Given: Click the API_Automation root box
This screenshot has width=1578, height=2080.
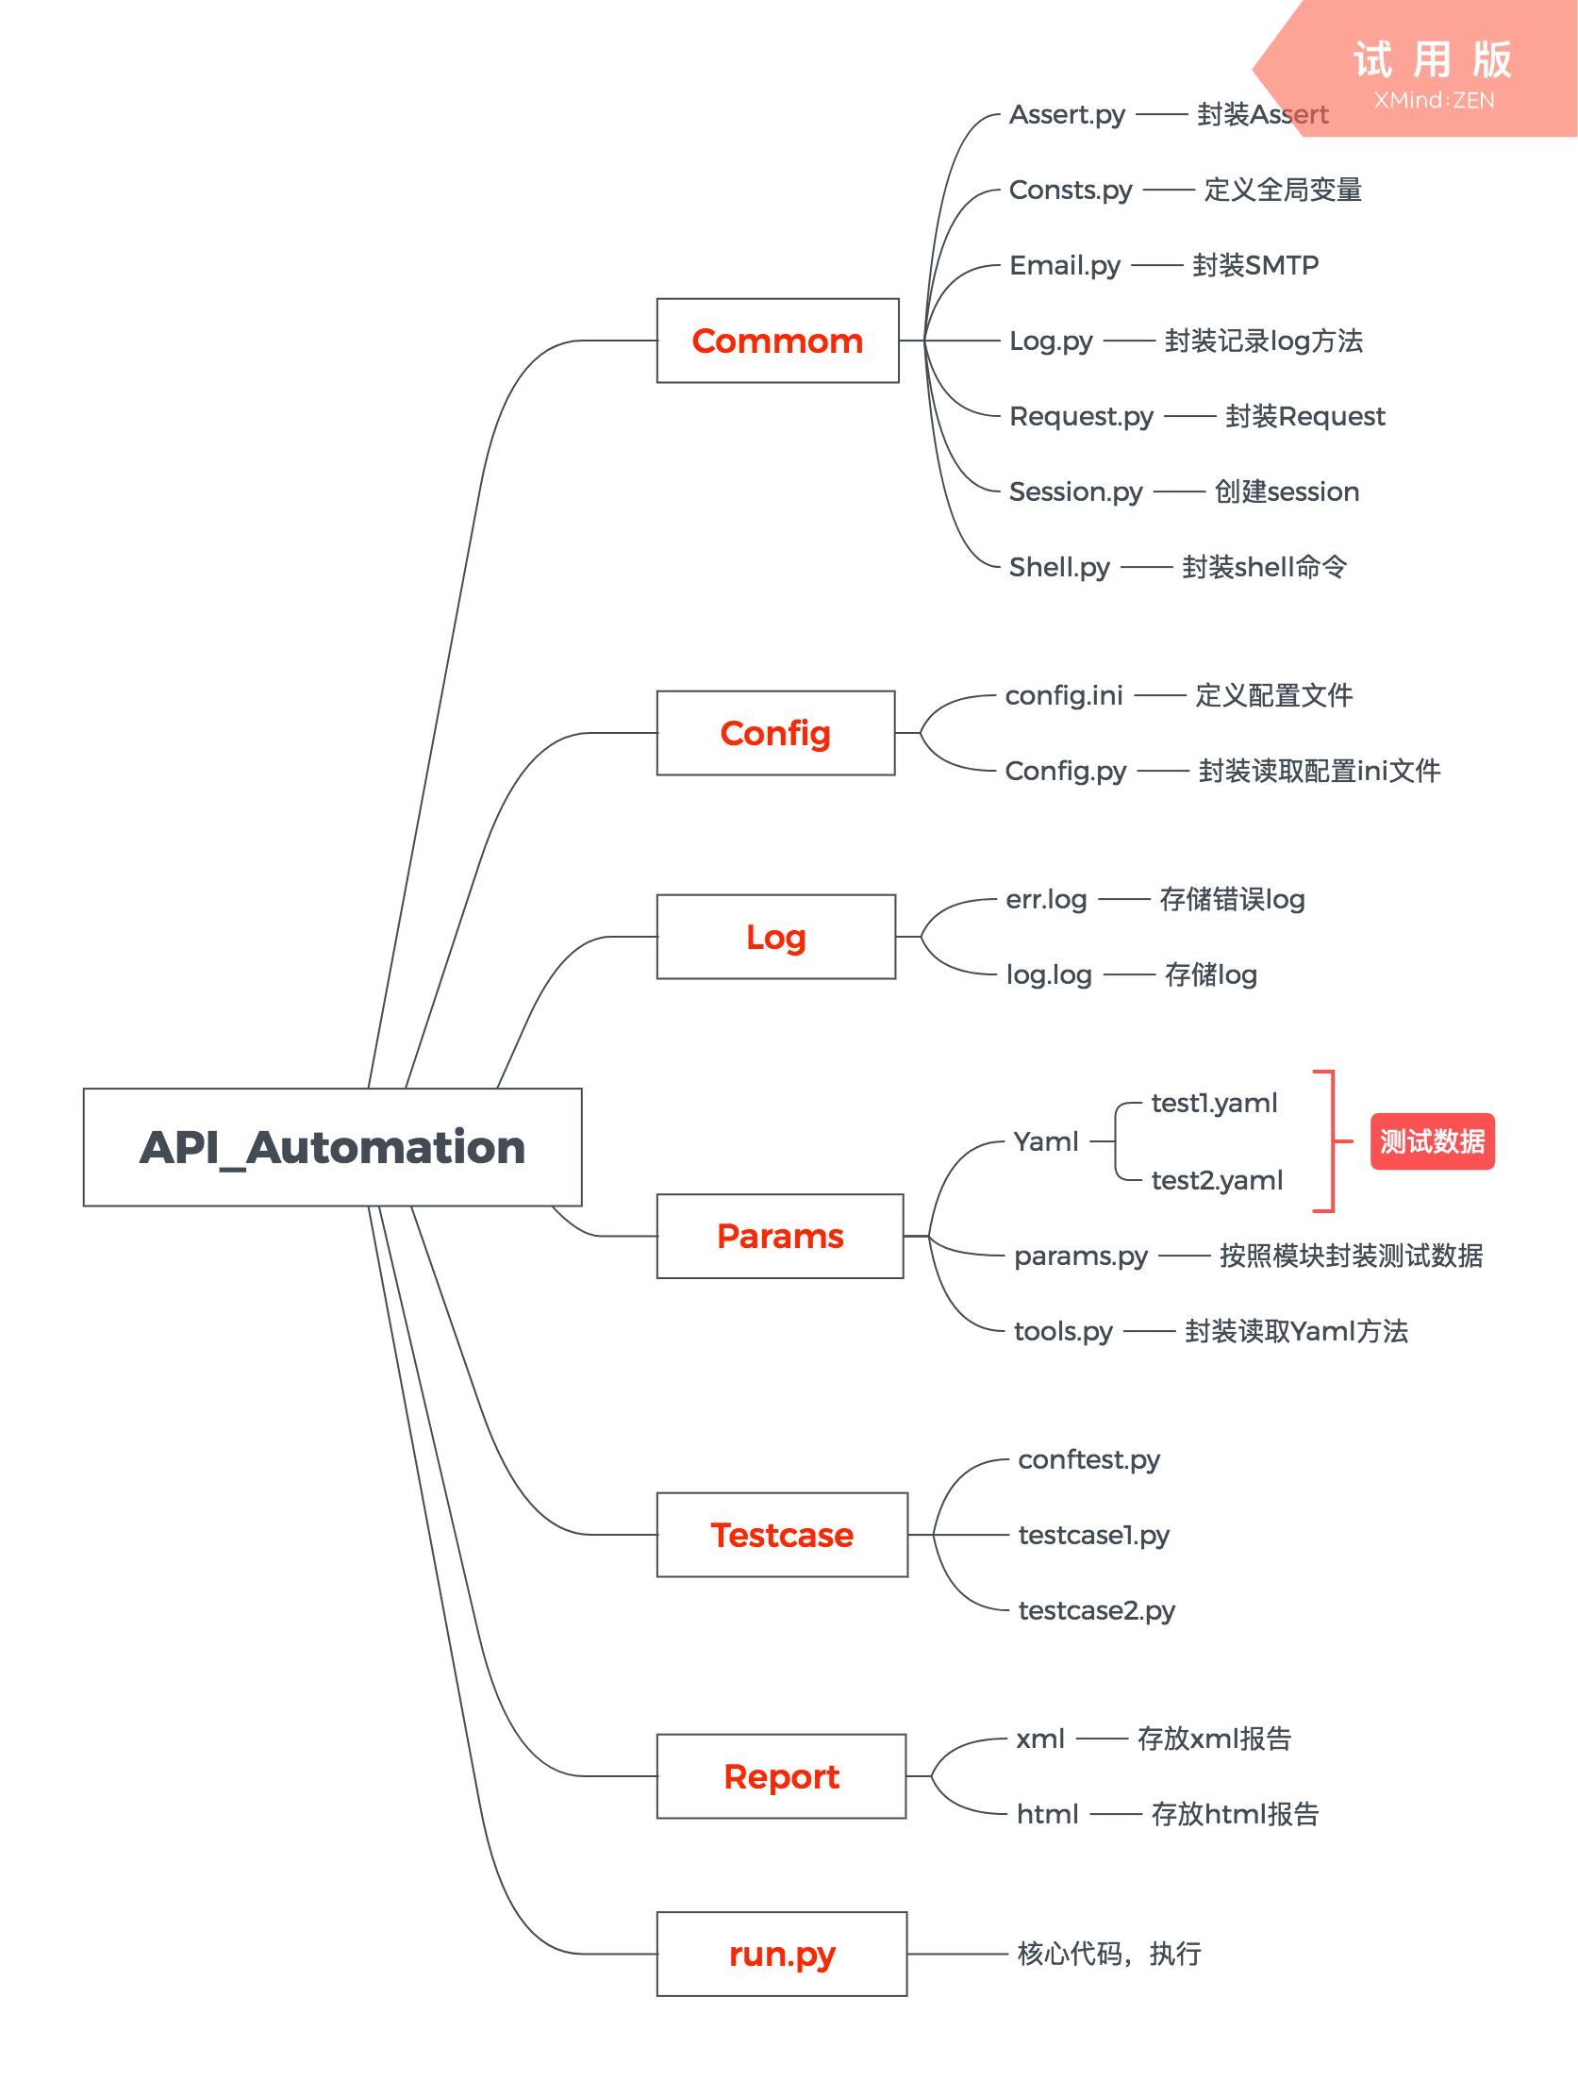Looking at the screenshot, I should point(332,1147).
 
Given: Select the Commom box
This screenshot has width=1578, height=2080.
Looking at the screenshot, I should point(777,341).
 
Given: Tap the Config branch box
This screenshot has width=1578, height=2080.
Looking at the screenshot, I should point(775,733).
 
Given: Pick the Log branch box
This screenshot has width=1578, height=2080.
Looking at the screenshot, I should point(775,937).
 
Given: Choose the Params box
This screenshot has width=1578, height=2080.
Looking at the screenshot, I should point(779,1236).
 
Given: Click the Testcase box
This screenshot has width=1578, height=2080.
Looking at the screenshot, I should point(781,1535).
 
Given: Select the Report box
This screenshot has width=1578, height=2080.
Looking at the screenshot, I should point(781,1776).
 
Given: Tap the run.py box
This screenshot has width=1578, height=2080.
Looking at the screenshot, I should point(781,1954).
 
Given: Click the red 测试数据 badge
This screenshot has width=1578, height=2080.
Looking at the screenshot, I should point(1432,1141).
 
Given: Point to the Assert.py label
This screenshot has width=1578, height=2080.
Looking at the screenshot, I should point(1067,115).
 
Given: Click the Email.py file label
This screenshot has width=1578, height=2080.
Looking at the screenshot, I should point(1065,266).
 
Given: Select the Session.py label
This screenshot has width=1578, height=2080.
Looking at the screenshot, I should point(1075,492).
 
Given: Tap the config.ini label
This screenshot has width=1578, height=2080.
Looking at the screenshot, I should point(1064,696).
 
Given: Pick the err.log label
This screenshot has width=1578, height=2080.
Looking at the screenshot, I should point(1046,900).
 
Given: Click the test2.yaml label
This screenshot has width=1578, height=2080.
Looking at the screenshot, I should point(1217,1180).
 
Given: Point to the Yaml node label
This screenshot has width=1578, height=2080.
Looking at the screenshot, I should point(1046,1141).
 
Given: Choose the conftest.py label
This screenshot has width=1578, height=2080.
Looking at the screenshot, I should point(1088,1460).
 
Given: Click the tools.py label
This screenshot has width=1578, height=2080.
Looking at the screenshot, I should point(1063,1332).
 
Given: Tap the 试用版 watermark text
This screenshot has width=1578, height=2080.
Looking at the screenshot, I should point(1432,60).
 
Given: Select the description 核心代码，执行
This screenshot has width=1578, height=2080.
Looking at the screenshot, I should point(1109,1954).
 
